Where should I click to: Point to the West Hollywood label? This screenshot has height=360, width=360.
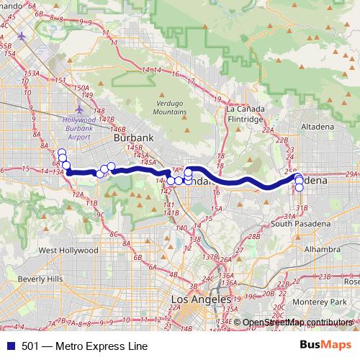tap(68, 251)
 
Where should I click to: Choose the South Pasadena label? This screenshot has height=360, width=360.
tap(301, 224)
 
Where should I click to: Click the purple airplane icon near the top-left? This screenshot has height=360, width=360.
tap(22, 35)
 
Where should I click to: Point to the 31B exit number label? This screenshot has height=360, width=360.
tap(302, 209)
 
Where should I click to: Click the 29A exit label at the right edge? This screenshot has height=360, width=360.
tap(351, 174)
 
